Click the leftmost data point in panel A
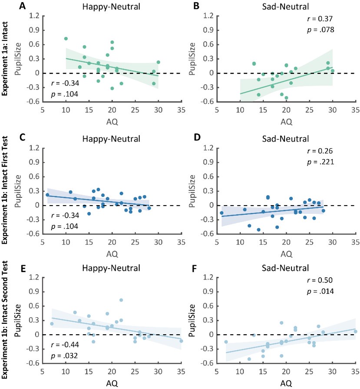point(66,39)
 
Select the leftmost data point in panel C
point(47,195)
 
